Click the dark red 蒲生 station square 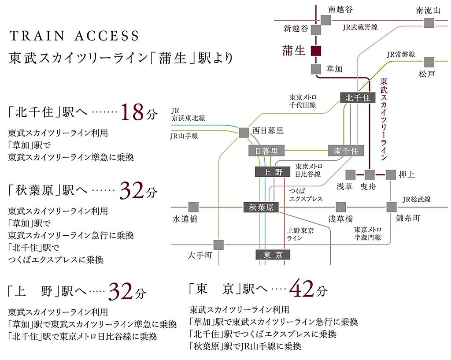pyautogui.click(x=316, y=51)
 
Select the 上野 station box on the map pyautogui.click(x=273, y=172)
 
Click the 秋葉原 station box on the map pyautogui.click(x=261, y=207)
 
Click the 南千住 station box pyautogui.click(x=346, y=151)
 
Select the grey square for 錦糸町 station pyautogui.click(x=392, y=207)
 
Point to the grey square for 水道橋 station pyautogui.click(x=192, y=207)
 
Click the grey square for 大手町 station pyautogui.click(x=218, y=244)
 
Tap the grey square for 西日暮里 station pyautogui.click(x=244, y=132)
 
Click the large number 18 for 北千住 pyautogui.click(x=132, y=113)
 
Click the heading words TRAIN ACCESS pyautogui.click(x=74, y=36)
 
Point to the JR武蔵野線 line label pyautogui.click(x=360, y=27)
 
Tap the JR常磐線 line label pyautogui.click(x=401, y=55)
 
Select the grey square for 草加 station pyautogui.click(x=316, y=69)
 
